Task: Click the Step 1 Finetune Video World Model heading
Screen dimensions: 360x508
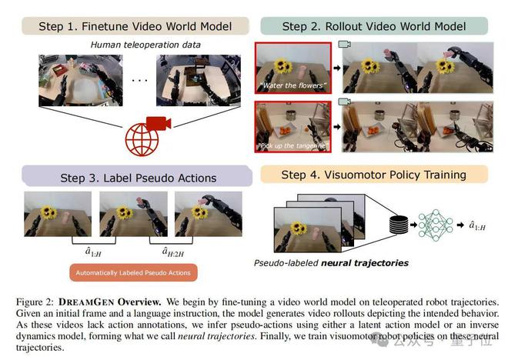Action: click(x=127, y=26)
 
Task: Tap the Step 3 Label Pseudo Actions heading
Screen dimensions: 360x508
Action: click(x=138, y=178)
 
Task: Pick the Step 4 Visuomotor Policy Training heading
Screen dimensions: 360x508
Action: click(x=373, y=175)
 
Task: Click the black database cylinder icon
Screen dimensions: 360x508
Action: click(x=399, y=226)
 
